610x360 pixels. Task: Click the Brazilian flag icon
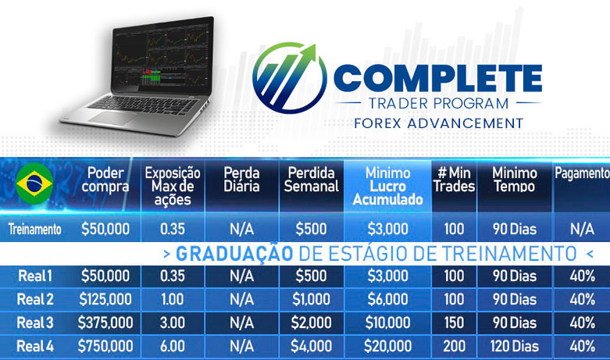[x=34, y=184]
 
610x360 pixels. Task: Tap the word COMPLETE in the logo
[x=438, y=78]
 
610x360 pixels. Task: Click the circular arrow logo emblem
[x=290, y=78]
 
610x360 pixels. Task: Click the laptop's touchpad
[x=112, y=119]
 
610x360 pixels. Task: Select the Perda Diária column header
[x=241, y=180]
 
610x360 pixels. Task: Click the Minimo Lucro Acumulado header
[x=388, y=186]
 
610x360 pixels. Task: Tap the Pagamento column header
[x=582, y=173]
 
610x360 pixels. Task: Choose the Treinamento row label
[x=34, y=230]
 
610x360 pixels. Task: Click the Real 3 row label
[x=35, y=323]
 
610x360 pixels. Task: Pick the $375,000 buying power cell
[x=105, y=323]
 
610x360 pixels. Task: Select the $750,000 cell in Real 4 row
[x=105, y=346]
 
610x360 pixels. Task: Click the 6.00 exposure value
[x=173, y=346]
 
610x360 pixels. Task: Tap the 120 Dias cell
[x=514, y=346]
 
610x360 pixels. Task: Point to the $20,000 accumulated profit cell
[x=388, y=346]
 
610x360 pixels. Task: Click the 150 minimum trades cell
[x=454, y=323]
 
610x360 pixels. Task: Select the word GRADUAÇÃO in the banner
[x=234, y=254]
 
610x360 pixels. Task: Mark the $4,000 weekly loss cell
[x=311, y=346]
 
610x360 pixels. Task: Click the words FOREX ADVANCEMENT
[x=438, y=123]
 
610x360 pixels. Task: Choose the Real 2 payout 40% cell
[x=582, y=299]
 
